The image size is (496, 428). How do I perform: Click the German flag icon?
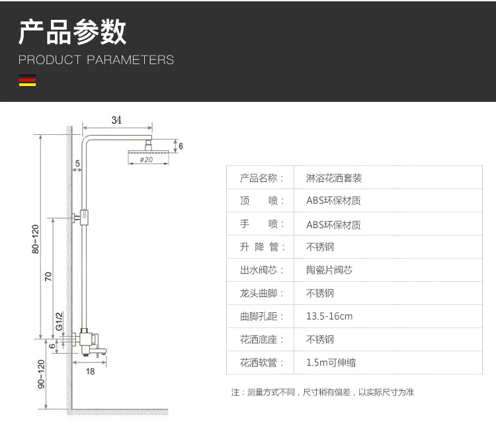(x=27, y=80)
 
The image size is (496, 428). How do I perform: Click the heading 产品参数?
(x=73, y=32)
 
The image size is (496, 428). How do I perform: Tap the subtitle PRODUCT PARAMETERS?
(x=96, y=60)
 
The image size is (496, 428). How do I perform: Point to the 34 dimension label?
(x=116, y=120)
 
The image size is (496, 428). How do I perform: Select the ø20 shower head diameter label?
(x=146, y=159)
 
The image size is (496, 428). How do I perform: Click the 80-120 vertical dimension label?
(x=36, y=239)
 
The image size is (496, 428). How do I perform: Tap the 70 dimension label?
(x=48, y=277)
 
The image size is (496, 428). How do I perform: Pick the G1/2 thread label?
(x=59, y=321)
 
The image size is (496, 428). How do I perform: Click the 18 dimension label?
(x=90, y=371)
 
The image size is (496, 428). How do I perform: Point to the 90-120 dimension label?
(x=41, y=374)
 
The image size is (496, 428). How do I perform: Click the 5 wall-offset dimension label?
(x=77, y=163)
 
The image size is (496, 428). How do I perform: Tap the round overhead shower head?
(x=148, y=152)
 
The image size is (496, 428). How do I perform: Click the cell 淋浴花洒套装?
(x=334, y=178)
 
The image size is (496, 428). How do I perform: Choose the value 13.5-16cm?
(x=329, y=316)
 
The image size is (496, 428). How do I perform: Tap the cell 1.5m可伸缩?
(x=331, y=363)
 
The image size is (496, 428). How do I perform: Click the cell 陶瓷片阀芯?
(x=329, y=270)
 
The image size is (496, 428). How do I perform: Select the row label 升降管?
(x=263, y=247)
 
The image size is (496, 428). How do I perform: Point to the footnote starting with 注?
(x=322, y=392)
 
